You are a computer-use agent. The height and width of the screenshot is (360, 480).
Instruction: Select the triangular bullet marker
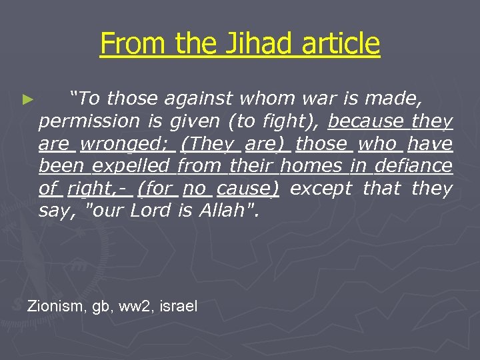tap(27, 100)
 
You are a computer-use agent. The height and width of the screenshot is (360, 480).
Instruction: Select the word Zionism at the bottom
tap(55, 307)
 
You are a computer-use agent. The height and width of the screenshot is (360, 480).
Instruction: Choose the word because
tap(366, 122)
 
